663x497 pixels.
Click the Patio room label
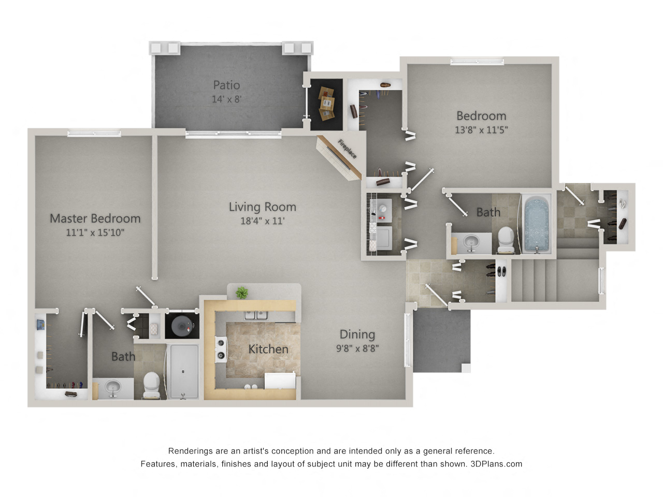pyautogui.click(x=226, y=85)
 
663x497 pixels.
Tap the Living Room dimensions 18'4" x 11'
pyautogui.click(x=263, y=221)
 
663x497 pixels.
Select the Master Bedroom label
pyautogui.click(x=95, y=218)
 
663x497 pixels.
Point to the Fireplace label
pyautogui.click(x=347, y=149)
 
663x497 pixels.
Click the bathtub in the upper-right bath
pyautogui.click(x=537, y=224)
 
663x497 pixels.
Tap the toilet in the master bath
pyautogui.click(x=151, y=385)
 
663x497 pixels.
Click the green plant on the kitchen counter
pyautogui.click(x=242, y=293)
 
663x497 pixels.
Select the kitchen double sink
pyautogui.click(x=256, y=315)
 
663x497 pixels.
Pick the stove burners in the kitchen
pyautogui.click(x=221, y=349)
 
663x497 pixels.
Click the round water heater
pyautogui.click(x=182, y=326)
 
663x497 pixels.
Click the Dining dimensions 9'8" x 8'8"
pyautogui.click(x=357, y=348)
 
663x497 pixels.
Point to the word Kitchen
pyautogui.click(x=268, y=349)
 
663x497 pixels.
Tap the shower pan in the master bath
pyautogui.click(x=183, y=372)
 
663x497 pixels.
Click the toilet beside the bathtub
pyautogui.click(x=506, y=240)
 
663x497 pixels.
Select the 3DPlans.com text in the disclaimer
pyautogui.click(x=496, y=464)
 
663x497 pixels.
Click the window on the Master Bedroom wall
pyautogui.click(x=94, y=133)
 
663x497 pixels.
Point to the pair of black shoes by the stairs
pyautogui.click(x=501, y=271)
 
